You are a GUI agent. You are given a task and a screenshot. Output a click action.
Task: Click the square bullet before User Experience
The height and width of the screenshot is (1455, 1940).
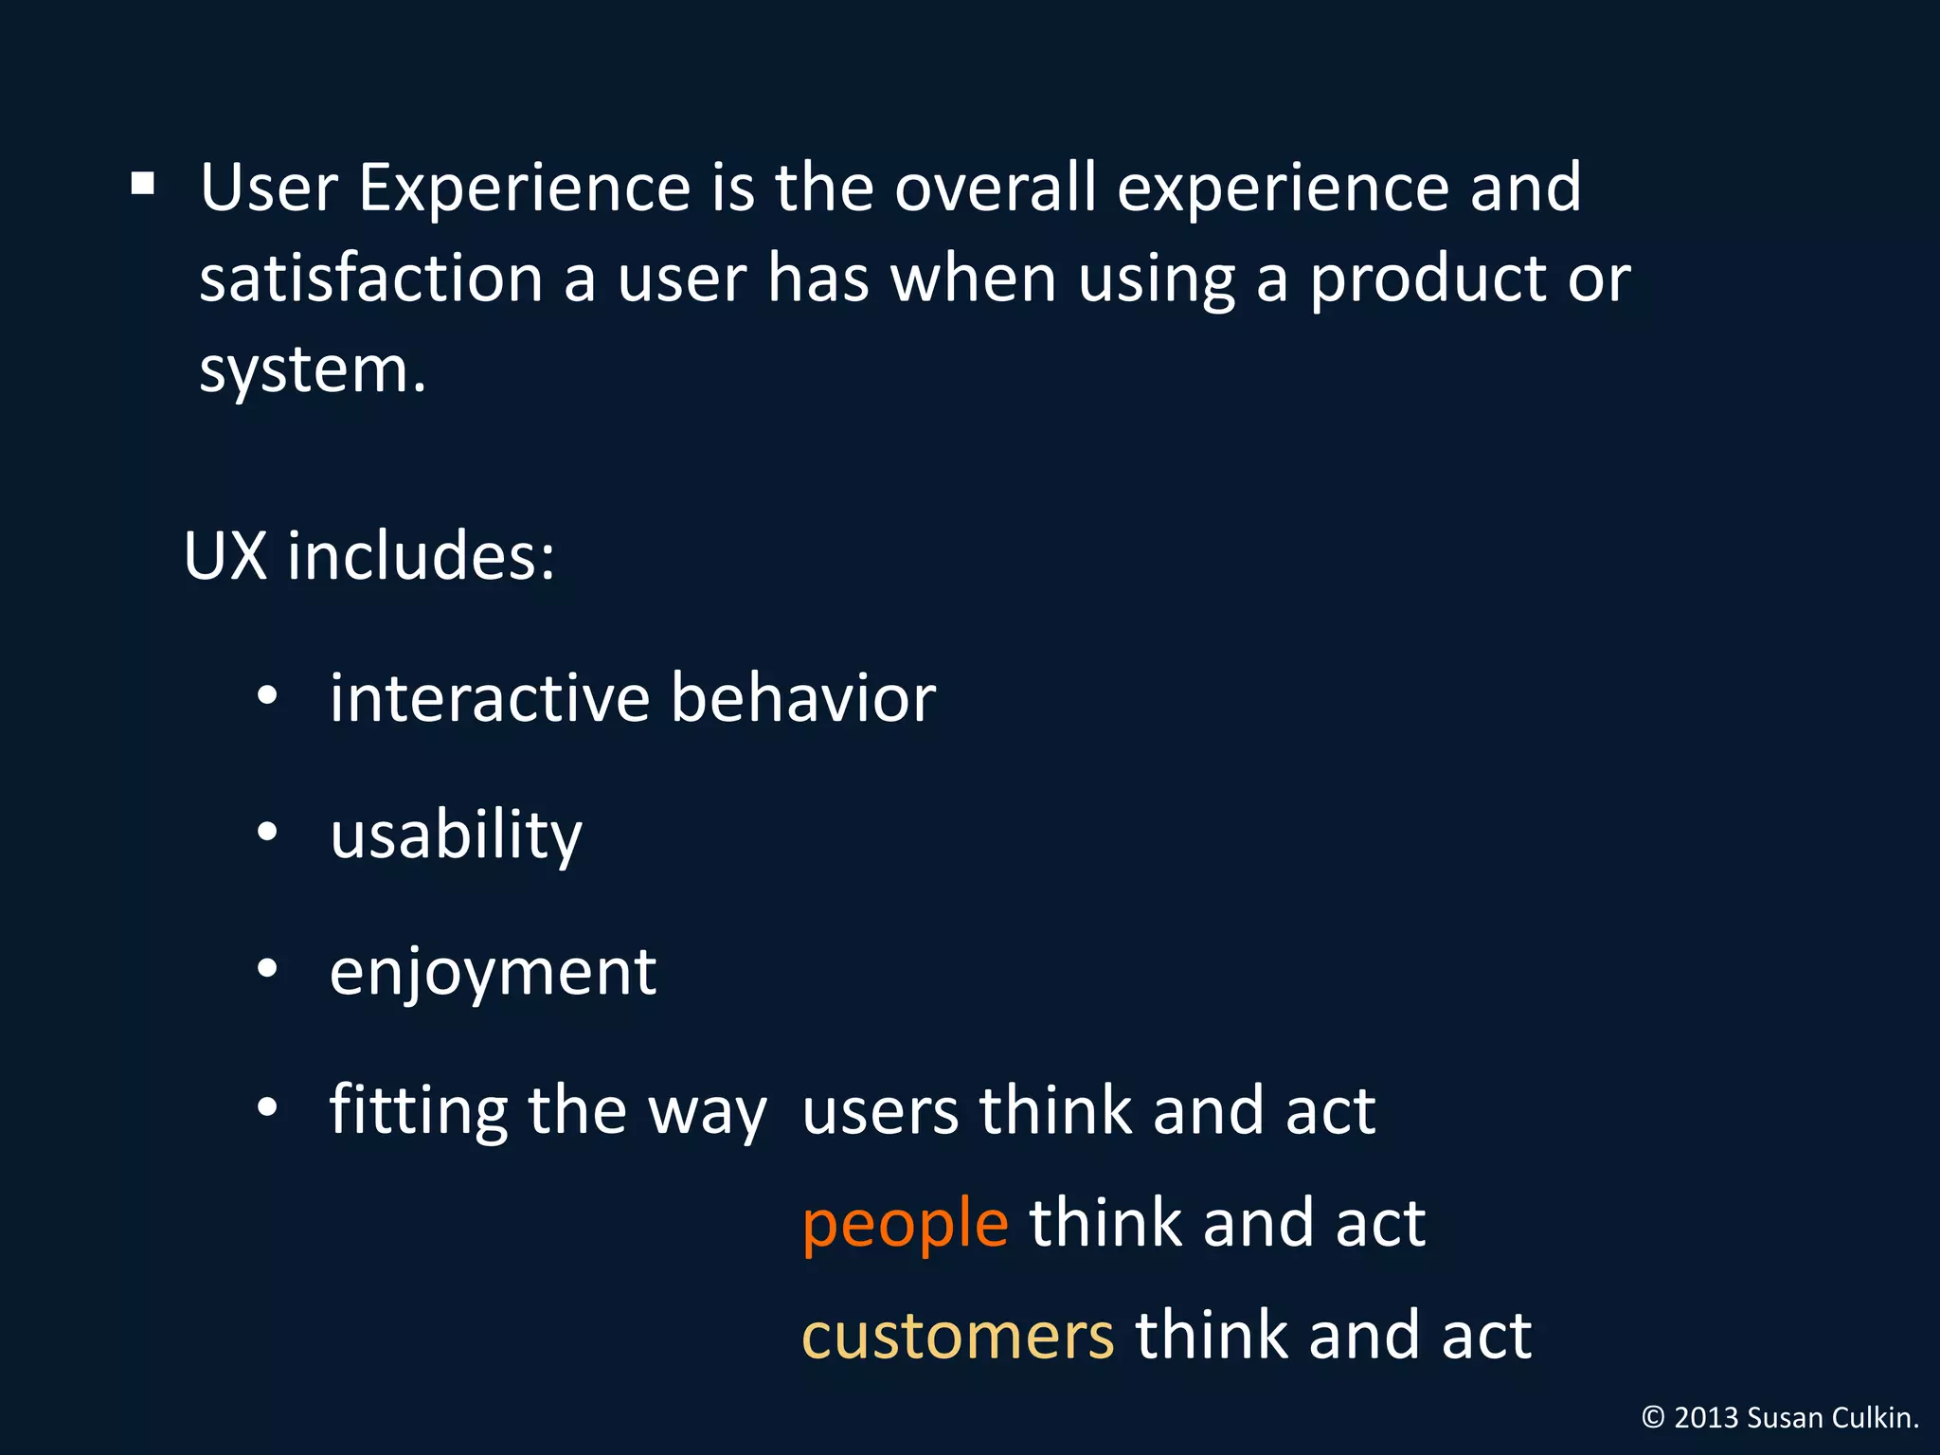click(x=143, y=183)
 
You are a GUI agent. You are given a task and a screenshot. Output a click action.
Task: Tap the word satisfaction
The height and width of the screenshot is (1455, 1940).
click(x=370, y=280)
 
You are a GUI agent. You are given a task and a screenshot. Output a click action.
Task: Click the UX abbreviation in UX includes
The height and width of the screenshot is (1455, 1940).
click(x=225, y=556)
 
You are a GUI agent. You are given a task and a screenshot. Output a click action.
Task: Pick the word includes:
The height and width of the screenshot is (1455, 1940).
click(x=421, y=556)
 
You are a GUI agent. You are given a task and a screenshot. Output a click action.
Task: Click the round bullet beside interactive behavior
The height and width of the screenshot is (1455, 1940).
click(x=267, y=696)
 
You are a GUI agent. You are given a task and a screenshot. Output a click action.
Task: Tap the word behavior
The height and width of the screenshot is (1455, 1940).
click(x=803, y=699)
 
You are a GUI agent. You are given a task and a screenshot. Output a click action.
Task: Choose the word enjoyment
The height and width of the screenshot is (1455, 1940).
click(x=493, y=974)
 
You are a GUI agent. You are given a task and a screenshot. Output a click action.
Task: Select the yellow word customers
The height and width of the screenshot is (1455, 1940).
click(x=958, y=1337)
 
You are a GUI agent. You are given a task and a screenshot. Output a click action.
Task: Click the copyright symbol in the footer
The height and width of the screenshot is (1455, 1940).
click(x=1652, y=1418)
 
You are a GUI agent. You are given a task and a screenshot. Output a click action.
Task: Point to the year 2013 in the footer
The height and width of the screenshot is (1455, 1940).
click(x=1706, y=1418)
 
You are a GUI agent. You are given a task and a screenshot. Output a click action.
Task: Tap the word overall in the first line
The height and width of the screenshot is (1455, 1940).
click(x=995, y=188)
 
